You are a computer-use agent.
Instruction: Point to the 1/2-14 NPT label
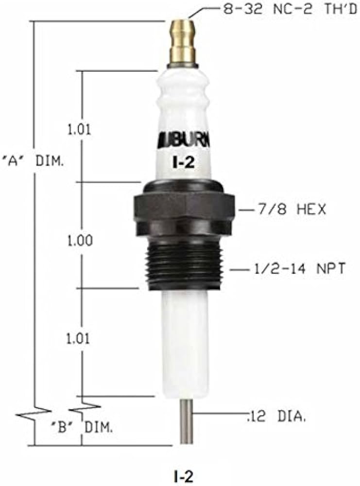299,268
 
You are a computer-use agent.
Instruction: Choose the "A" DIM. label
32,161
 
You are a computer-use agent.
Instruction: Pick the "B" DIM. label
81,428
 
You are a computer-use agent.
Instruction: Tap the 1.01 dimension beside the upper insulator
80,129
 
